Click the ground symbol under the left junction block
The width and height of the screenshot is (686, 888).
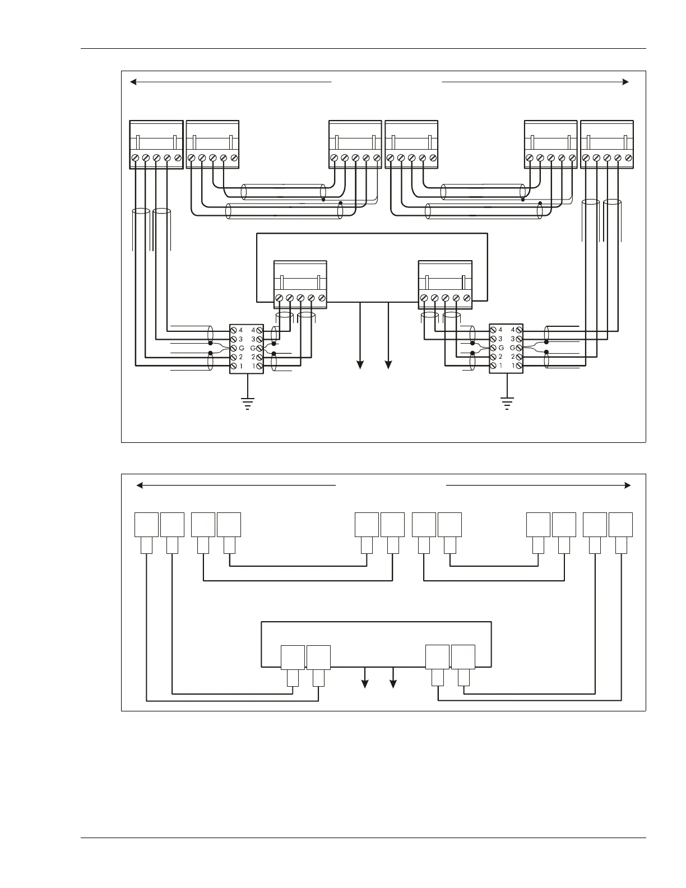click(247, 403)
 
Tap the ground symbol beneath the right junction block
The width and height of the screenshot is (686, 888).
click(507, 403)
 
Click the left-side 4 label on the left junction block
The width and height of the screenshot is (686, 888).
click(241, 330)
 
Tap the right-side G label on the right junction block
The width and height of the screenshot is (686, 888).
click(512, 348)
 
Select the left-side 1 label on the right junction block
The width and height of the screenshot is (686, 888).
click(500, 366)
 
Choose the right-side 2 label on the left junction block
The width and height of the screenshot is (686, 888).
click(253, 357)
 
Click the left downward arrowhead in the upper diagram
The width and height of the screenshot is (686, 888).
click(360, 365)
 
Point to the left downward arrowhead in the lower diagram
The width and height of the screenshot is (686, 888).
click(365, 683)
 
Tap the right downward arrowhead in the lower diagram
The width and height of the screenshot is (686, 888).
click(393, 683)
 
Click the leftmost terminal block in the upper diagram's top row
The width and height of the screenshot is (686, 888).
click(156, 144)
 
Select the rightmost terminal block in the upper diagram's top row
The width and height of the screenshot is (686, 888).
click(607, 144)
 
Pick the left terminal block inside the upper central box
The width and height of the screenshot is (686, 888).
click(300, 284)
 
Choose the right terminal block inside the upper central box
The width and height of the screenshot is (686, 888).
click(445, 284)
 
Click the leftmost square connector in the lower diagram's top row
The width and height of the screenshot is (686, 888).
click(146, 525)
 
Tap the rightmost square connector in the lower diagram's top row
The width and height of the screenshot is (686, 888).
click(620, 525)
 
